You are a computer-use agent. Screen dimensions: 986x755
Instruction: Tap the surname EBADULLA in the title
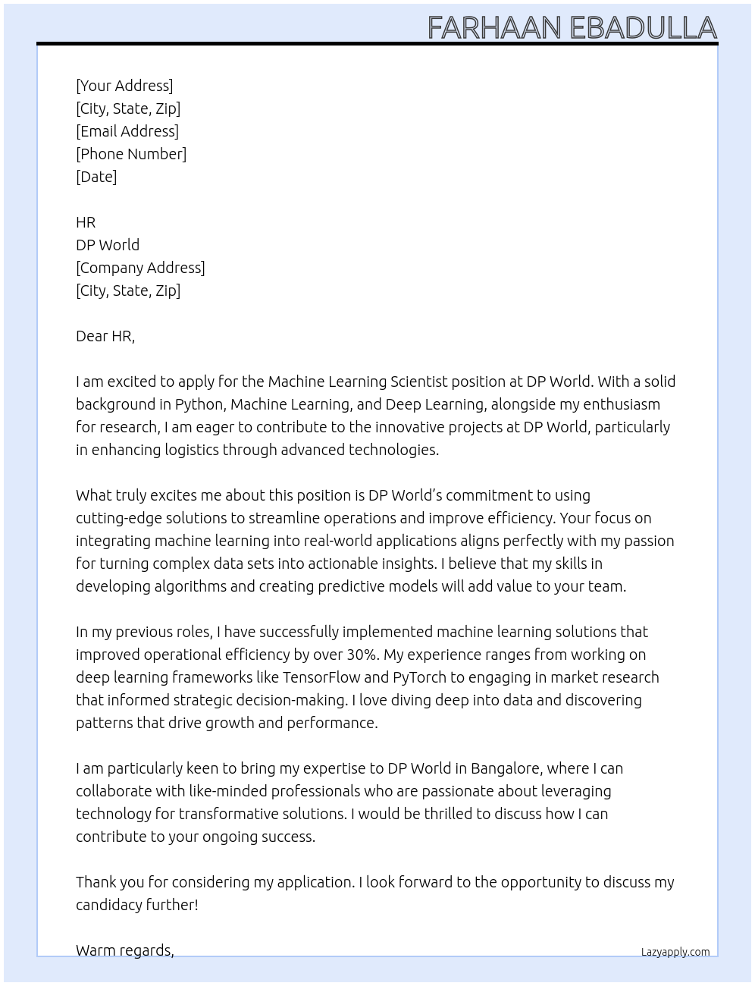644,28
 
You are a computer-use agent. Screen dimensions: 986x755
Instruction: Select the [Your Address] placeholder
124,86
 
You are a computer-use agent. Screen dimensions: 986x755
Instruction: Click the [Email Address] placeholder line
127,131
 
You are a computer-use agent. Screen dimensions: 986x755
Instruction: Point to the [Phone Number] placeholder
131,154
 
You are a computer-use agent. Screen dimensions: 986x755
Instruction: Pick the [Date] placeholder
96,177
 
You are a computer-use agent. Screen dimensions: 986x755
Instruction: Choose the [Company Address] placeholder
140,268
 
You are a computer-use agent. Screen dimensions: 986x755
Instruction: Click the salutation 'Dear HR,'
105,336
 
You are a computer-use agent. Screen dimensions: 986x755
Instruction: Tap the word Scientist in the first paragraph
419,382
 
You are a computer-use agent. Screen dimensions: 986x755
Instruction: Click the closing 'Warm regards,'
125,950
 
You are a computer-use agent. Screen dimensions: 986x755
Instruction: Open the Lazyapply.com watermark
675,952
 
